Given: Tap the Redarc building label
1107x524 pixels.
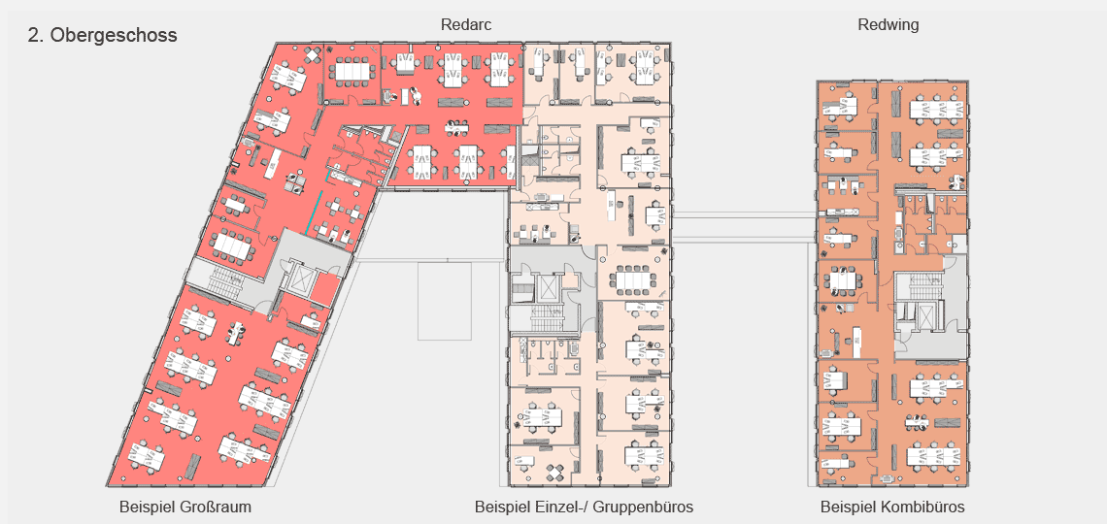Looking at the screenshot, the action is coord(466,24).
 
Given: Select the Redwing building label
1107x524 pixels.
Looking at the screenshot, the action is coord(889,24).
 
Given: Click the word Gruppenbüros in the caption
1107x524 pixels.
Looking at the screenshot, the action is coord(648,508).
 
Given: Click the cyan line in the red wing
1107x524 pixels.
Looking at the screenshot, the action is coord(315,212).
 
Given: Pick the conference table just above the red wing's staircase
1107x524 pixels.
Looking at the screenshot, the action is coord(232,244).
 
